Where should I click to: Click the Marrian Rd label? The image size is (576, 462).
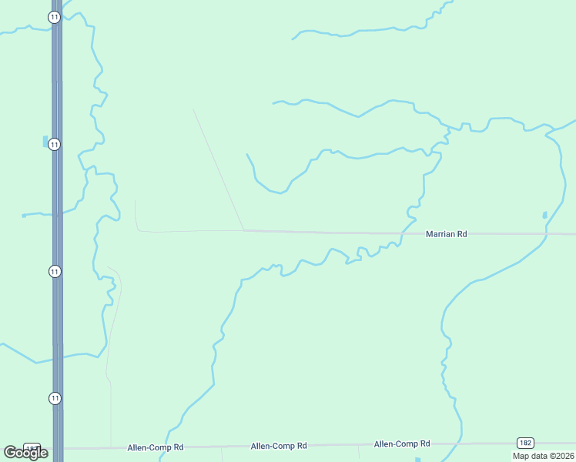click(x=447, y=233)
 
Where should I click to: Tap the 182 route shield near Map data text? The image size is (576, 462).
click(x=524, y=443)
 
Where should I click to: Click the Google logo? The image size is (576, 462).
click(x=25, y=453)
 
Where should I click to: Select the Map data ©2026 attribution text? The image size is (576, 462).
click(x=543, y=456)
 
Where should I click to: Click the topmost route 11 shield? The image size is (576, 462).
click(x=54, y=17)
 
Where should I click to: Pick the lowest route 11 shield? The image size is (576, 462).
click(x=54, y=398)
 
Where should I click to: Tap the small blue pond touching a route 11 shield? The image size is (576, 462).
click(x=45, y=142)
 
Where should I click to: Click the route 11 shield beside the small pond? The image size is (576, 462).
click(x=55, y=144)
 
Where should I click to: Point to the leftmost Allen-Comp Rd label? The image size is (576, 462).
click(x=156, y=447)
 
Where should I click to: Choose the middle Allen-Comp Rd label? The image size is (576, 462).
click(x=279, y=446)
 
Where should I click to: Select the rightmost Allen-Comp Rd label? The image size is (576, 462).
click(x=401, y=444)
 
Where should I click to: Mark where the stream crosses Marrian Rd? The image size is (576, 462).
click(x=402, y=233)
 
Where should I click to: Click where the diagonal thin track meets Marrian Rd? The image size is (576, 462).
click(x=244, y=229)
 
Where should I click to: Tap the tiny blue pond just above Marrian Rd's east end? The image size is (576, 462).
click(x=544, y=215)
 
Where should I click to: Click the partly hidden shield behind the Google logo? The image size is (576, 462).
click(x=32, y=447)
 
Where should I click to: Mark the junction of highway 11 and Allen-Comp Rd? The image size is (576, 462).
click(x=57, y=447)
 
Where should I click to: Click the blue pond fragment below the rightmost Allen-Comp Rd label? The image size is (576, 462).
click(x=418, y=460)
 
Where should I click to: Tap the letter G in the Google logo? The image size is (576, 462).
click(x=10, y=453)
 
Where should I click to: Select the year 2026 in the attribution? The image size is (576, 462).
click(x=561, y=456)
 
